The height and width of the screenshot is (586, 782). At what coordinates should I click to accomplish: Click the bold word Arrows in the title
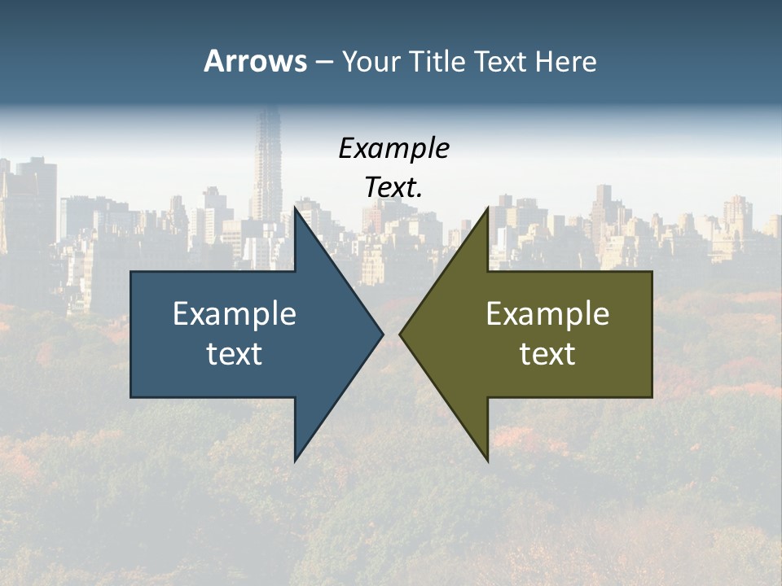[x=255, y=61]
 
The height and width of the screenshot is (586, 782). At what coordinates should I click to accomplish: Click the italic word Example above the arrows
[x=393, y=148]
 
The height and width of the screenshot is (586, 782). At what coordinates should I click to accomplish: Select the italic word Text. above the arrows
[x=393, y=187]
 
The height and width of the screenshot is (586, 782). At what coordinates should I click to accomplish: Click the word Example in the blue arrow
[x=235, y=313]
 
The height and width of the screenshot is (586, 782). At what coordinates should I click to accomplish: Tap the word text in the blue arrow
[x=235, y=353]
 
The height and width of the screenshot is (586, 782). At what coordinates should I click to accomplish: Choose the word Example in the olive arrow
[x=547, y=313]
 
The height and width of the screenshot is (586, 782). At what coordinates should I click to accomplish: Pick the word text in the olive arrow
[x=547, y=353]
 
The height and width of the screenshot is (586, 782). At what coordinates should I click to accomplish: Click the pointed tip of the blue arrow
[x=382, y=334]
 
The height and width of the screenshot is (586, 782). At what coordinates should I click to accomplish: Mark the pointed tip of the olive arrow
[x=400, y=334]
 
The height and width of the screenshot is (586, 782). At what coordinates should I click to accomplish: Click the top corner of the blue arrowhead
[x=295, y=208]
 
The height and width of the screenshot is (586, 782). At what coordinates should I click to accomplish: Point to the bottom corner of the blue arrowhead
[x=295, y=460]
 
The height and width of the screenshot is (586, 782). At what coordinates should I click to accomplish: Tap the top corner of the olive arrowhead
[x=488, y=208]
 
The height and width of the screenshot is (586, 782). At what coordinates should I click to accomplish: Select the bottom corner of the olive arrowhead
[x=488, y=460]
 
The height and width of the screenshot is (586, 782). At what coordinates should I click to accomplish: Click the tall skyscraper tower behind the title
[x=266, y=163]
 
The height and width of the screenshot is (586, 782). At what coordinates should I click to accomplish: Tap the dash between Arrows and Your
[x=323, y=62]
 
